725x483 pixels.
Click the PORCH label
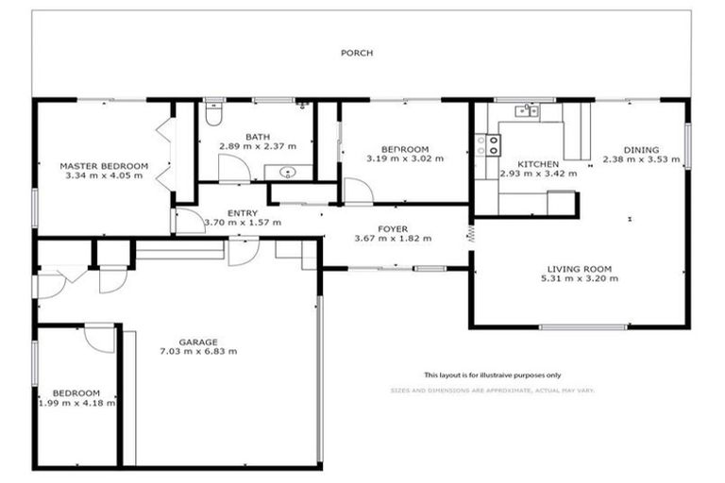[357, 53]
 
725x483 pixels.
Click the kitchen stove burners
[491, 144]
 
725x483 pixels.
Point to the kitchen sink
[525, 111]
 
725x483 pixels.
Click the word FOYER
[393, 227]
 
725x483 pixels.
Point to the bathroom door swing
[232, 169]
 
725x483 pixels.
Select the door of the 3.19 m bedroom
[357, 191]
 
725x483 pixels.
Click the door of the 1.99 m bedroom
[99, 338]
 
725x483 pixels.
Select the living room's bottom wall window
[582, 327]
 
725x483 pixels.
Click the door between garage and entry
[243, 251]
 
